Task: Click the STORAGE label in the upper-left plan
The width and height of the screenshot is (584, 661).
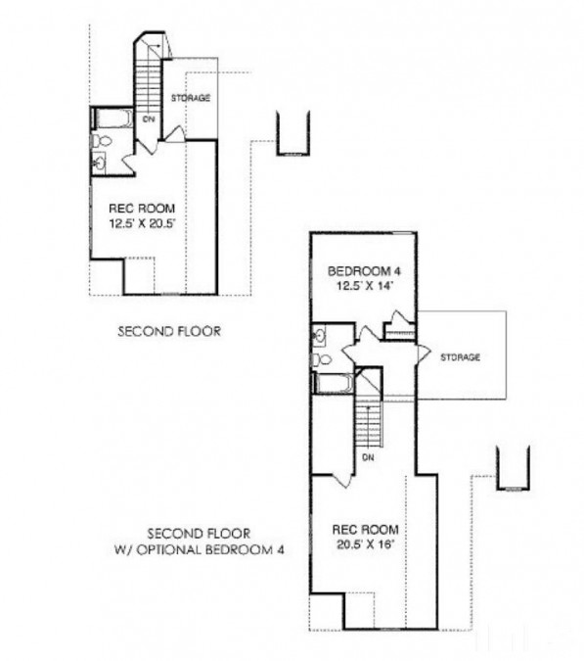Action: [191, 98]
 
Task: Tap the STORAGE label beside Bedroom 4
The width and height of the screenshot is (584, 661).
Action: [460, 357]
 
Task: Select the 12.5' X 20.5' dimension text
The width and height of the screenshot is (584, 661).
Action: [142, 224]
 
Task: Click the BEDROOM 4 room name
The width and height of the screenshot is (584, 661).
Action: [365, 271]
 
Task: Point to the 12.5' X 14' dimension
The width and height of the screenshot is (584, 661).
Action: [365, 286]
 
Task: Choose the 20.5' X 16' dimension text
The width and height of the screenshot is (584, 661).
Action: [365, 544]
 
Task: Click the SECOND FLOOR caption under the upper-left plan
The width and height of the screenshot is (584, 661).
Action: [169, 331]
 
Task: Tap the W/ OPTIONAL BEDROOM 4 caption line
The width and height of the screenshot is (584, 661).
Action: [200, 550]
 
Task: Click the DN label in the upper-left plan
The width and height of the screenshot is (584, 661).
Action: [149, 119]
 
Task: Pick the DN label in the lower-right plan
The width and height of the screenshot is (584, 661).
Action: [368, 457]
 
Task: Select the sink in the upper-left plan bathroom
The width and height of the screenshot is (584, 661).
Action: [99, 162]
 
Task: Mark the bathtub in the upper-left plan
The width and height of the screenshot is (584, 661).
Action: [112, 118]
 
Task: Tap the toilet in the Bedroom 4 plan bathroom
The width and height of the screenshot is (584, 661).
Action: [321, 359]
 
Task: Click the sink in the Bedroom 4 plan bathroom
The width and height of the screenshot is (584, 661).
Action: [319, 336]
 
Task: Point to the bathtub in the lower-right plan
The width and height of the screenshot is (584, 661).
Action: [334, 384]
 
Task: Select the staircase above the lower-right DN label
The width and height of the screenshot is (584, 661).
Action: [369, 423]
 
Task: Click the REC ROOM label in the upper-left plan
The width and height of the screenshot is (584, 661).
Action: [142, 209]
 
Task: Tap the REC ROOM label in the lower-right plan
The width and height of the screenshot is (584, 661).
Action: [366, 530]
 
